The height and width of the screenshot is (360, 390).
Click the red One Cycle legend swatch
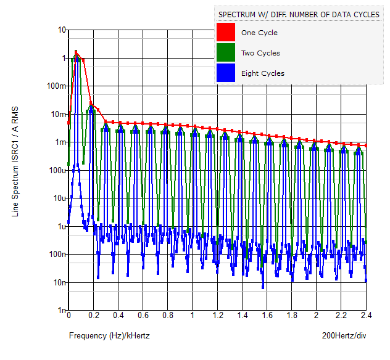point(226,33)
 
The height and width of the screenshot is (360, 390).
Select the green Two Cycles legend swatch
point(226,53)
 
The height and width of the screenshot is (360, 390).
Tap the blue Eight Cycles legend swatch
point(226,73)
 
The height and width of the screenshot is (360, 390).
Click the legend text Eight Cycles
point(263,73)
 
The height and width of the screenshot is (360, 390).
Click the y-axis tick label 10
point(62,30)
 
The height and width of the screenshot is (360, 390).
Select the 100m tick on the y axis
point(57,86)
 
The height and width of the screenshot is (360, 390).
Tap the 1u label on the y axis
point(62,226)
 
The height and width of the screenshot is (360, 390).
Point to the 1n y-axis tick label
point(62,311)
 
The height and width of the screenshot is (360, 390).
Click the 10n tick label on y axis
point(59,282)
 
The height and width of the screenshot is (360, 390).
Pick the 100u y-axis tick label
point(58,170)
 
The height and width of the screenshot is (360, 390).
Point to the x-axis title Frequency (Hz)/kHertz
point(109,336)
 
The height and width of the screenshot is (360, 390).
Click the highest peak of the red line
point(75,52)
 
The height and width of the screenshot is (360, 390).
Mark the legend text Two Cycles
point(260,53)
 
